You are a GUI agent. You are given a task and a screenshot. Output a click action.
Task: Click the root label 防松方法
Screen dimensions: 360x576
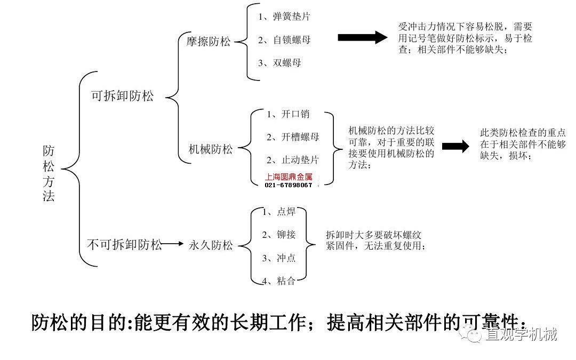(49, 173)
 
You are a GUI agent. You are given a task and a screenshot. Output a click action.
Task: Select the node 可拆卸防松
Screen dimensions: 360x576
(122, 96)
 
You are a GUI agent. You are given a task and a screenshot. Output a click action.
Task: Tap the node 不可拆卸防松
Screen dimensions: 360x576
(124, 245)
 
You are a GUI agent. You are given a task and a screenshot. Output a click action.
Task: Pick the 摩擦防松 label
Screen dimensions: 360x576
(209, 41)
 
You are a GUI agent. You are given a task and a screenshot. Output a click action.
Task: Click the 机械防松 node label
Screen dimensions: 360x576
(211, 149)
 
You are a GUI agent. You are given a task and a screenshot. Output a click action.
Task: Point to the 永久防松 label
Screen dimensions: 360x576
(211, 245)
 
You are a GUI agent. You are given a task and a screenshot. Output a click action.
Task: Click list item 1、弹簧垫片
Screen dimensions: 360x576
(284, 17)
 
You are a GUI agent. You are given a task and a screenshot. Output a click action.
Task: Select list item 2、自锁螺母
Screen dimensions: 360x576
(284, 40)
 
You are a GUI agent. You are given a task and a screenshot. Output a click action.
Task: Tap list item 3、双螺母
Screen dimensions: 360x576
(279, 63)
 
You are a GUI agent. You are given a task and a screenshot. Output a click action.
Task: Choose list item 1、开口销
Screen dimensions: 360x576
(288, 114)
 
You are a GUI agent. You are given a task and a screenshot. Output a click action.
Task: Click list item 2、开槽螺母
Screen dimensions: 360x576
(293, 137)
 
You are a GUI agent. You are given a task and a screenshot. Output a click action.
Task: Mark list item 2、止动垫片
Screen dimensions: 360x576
(293, 160)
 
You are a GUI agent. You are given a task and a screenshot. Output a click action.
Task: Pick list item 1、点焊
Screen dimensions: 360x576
(279, 212)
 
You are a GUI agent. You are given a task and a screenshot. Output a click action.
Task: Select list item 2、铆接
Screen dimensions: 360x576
(279, 235)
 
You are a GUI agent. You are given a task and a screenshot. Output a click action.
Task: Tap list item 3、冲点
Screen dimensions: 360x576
(279, 258)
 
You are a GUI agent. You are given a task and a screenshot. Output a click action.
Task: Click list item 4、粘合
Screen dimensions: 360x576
(279, 281)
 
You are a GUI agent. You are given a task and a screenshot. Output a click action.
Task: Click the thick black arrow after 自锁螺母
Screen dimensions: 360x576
(362, 37)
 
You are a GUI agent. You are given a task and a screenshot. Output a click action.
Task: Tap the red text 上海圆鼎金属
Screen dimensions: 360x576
(289, 177)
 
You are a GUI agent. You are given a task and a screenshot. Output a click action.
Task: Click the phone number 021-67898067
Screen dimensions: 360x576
(289, 185)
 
